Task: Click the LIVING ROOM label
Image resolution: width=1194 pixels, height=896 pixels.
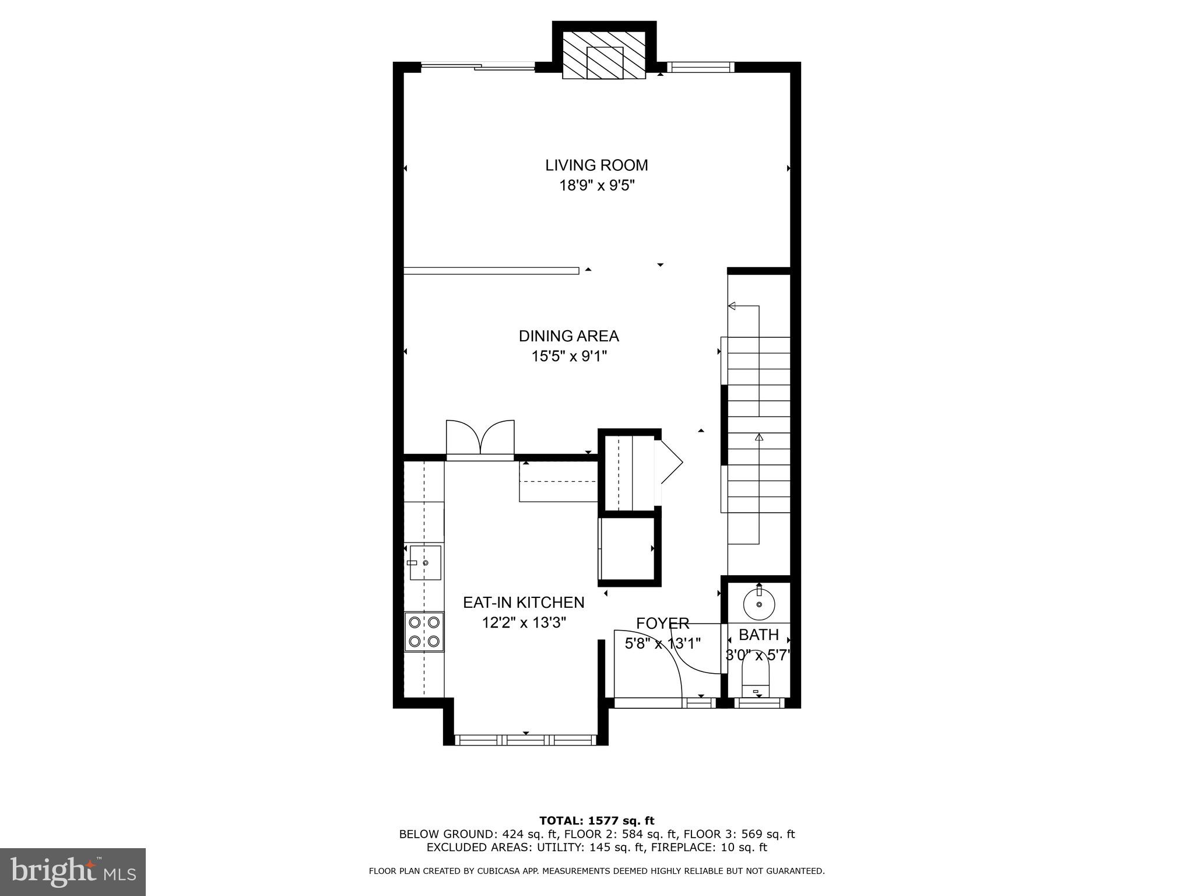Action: click(596, 165)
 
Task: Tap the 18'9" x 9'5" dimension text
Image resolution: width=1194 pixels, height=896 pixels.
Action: click(596, 186)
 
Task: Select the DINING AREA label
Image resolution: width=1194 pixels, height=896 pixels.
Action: click(568, 336)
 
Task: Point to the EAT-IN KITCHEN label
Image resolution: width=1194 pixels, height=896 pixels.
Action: click(524, 602)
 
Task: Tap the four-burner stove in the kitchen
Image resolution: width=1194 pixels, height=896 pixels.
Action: click(424, 632)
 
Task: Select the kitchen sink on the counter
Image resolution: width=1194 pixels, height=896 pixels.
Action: click(425, 563)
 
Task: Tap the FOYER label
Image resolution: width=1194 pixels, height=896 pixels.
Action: click(662, 624)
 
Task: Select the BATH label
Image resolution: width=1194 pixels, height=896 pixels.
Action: click(758, 635)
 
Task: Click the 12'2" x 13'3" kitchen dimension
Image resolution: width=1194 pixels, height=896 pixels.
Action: click(524, 623)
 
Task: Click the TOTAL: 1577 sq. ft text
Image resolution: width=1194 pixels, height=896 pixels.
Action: click(596, 821)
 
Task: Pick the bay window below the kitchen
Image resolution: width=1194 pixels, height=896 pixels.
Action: click(525, 740)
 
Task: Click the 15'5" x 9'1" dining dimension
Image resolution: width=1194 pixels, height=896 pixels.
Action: click(568, 356)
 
